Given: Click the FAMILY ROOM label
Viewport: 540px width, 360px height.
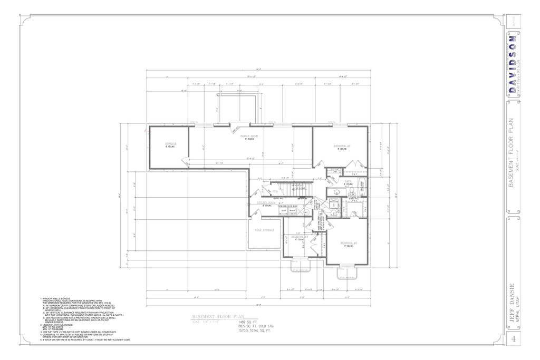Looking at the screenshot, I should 249,136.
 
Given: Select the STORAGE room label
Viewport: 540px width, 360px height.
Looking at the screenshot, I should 170,143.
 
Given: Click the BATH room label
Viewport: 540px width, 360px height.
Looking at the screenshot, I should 348,181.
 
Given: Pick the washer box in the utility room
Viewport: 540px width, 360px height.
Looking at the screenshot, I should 292,210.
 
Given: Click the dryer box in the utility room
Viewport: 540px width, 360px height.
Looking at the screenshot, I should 283,210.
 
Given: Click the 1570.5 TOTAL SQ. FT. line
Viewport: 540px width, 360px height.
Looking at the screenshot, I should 255,331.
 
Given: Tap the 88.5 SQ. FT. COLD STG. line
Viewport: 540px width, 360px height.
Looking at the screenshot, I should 256,326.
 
